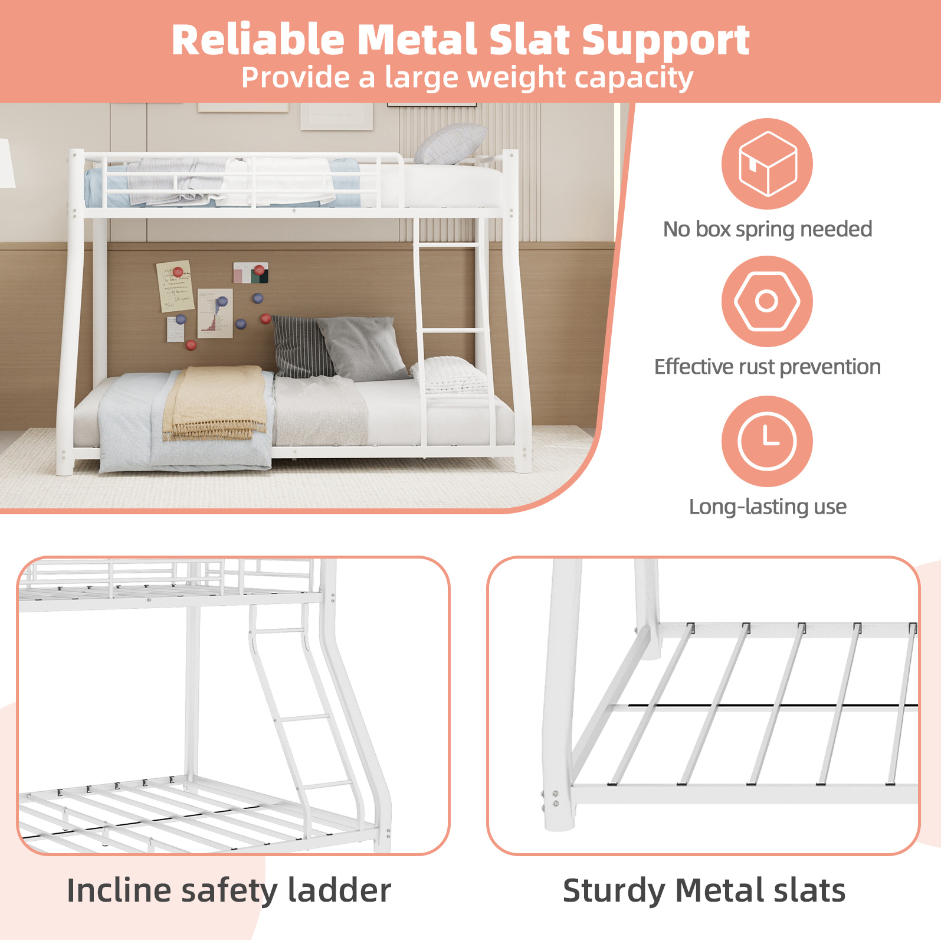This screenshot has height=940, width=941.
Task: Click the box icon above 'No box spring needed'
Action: tap(767, 164)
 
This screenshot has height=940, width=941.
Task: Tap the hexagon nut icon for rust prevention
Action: tap(767, 301)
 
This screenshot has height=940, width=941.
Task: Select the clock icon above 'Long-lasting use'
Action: tap(767, 441)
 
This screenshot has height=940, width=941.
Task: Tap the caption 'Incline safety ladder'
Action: tap(229, 891)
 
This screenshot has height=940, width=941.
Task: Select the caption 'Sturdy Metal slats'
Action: tap(704, 891)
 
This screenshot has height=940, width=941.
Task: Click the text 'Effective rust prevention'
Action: tap(767, 367)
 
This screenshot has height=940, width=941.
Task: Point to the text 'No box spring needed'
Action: tap(767, 229)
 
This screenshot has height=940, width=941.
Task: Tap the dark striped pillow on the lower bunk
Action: tap(300, 346)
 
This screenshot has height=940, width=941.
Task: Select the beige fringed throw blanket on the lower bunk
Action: tap(215, 403)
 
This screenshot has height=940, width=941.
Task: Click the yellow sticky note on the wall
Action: tap(175, 286)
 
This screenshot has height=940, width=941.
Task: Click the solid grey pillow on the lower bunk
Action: tap(361, 348)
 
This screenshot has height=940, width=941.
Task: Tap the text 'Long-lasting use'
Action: tap(768, 507)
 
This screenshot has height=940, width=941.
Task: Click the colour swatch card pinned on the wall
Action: tap(251, 273)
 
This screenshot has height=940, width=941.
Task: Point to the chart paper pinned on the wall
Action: tap(215, 313)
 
